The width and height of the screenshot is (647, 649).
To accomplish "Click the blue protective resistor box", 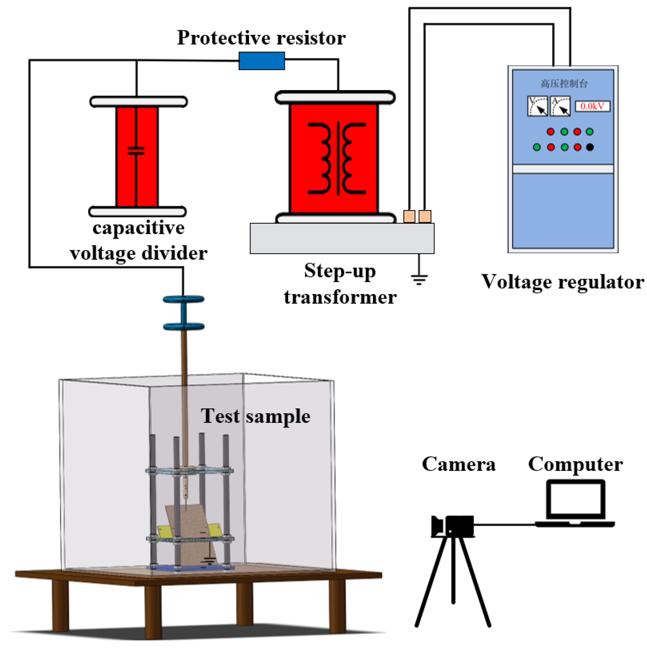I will [x=262, y=61].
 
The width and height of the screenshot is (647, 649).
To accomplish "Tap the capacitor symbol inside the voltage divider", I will [x=136, y=151].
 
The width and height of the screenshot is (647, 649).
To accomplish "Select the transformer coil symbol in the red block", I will [x=337, y=158].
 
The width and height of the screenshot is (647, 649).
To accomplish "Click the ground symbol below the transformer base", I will [x=419, y=279].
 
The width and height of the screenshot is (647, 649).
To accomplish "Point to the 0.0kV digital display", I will [x=592, y=106].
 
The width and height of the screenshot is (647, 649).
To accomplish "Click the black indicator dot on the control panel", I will [x=590, y=147].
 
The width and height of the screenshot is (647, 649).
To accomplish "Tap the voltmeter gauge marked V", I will [x=537, y=106].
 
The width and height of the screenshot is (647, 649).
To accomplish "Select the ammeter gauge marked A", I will [x=560, y=106].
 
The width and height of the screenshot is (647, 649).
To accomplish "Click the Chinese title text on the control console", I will [x=564, y=84].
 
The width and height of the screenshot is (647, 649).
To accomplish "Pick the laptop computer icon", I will [x=575, y=504].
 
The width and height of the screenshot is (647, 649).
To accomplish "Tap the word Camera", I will [x=459, y=464].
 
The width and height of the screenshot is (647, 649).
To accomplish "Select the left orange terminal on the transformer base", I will [x=409, y=216].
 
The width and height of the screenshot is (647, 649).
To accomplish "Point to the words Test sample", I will [x=255, y=417].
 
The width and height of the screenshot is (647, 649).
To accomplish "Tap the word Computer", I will [x=575, y=464].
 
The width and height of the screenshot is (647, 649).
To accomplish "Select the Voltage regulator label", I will [x=563, y=282].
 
